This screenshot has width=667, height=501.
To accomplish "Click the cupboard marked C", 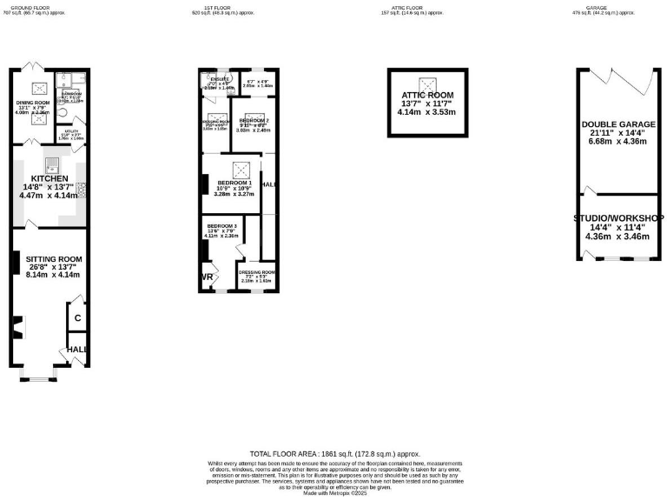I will [x=77, y=318].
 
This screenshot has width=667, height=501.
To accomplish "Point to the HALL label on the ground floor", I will [x=78, y=350].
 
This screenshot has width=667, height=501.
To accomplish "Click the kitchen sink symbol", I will [x=52, y=161].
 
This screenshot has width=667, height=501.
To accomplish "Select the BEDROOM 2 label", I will [x=254, y=120].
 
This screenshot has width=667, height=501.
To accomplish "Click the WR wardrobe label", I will [x=207, y=277].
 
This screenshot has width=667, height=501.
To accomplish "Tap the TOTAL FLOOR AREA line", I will [x=334, y=454].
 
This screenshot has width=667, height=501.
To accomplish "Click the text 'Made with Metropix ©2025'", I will [x=334, y=493].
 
